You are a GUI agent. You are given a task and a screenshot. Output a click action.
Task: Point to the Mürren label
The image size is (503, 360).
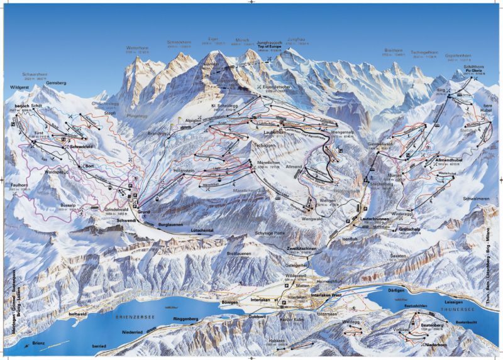(x=394, y=175)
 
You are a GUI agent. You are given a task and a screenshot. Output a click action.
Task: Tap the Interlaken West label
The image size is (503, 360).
(x=324, y=293)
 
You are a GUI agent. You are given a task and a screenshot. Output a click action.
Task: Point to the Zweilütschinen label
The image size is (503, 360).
(x=300, y=249)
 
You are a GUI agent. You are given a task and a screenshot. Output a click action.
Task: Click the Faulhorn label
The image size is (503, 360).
(x=19, y=186)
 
